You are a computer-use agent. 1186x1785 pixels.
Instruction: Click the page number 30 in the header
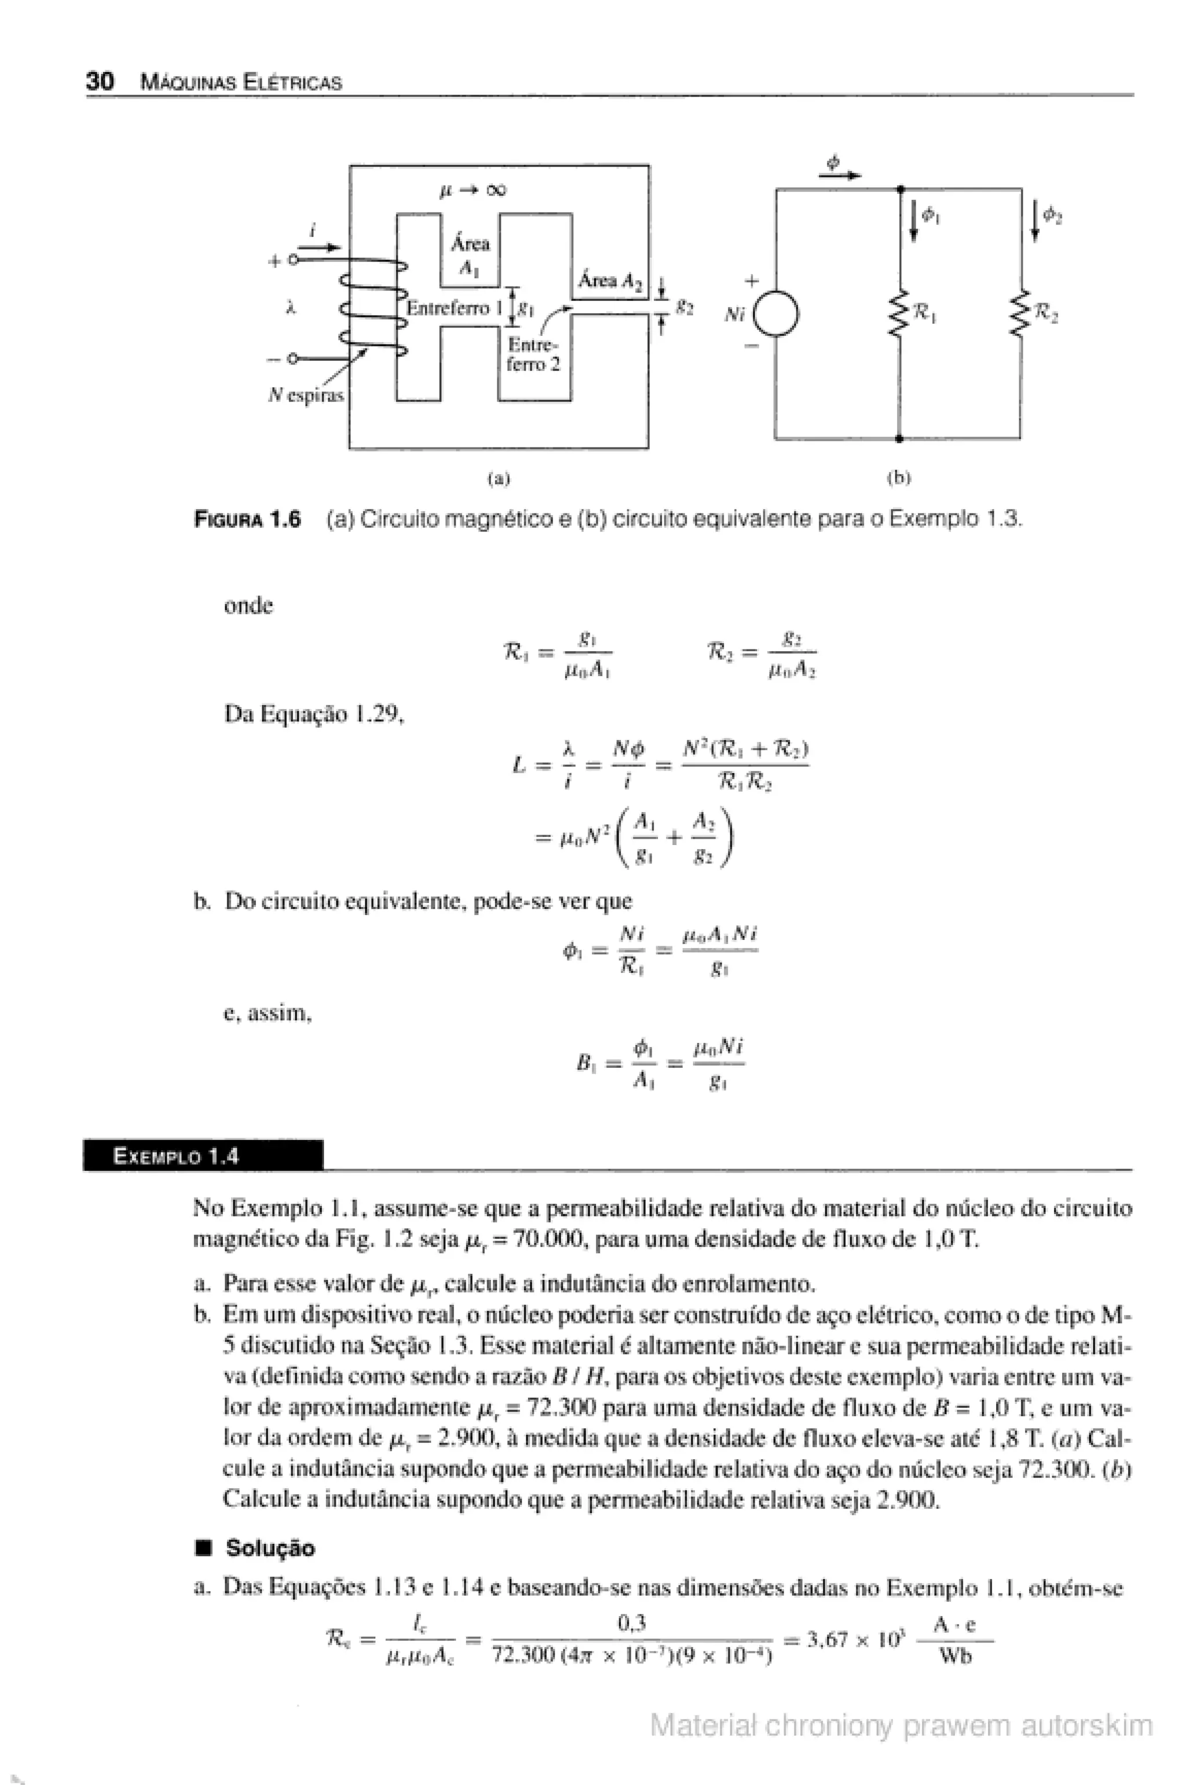[100, 81]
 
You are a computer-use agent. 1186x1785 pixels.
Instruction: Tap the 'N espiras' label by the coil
[306, 395]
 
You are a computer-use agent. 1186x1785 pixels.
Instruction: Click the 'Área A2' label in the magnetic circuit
[610, 281]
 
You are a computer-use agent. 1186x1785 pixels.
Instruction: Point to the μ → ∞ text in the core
[472, 190]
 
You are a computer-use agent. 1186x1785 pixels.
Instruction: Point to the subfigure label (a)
[499, 478]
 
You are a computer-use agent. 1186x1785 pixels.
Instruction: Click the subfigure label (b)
[899, 478]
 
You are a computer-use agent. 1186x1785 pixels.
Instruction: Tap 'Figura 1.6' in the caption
[247, 520]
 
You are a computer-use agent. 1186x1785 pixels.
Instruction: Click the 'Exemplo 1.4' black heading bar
[203, 1156]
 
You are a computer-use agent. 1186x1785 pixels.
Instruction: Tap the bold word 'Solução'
[270, 1549]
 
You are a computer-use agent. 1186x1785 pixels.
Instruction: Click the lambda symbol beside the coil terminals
[291, 308]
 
